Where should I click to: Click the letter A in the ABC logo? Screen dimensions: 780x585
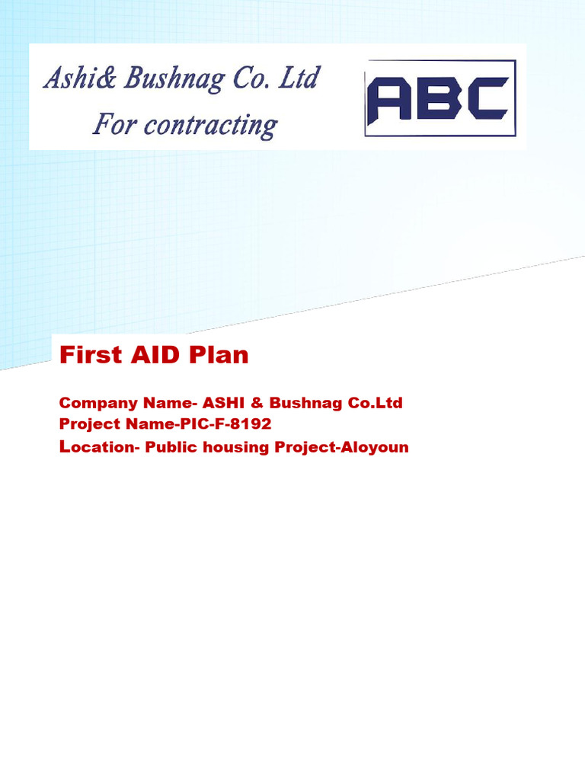(x=390, y=100)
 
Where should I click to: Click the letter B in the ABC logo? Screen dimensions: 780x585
(x=438, y=100)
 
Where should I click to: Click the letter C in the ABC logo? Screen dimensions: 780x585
(x=486, y=100)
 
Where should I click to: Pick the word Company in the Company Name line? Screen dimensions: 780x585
(x=98, y=404)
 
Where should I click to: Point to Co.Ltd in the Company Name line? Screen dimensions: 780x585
(x=375, y=403)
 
